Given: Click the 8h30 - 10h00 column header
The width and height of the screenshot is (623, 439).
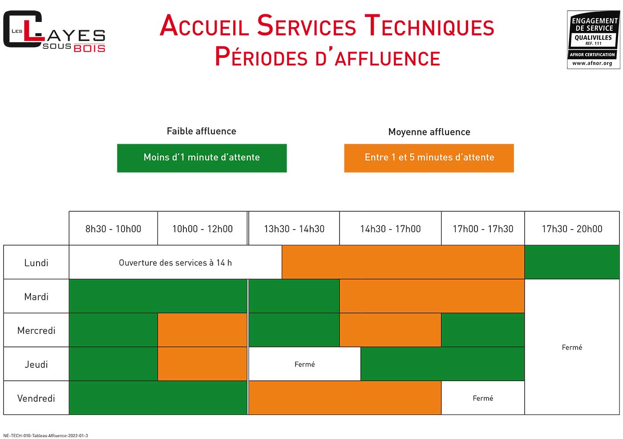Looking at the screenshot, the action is point(113,228).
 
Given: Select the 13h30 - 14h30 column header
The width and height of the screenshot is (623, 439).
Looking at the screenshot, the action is point(294,228).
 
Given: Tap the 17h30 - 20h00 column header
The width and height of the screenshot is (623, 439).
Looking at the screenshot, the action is point(572,228).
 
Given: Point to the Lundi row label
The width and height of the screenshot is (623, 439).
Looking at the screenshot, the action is point(36,262).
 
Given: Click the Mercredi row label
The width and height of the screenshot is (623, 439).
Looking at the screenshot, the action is point(36,330).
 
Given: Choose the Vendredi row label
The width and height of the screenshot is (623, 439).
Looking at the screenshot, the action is point(36,398).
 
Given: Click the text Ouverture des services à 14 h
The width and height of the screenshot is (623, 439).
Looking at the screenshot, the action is point(175,262).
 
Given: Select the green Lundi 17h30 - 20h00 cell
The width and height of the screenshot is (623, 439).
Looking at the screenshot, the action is point(572,262).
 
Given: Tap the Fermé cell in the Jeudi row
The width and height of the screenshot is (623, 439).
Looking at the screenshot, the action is point(304,364).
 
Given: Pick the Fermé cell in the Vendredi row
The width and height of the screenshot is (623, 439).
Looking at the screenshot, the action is point(483,398).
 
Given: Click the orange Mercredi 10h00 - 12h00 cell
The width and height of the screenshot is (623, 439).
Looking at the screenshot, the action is point(202,330).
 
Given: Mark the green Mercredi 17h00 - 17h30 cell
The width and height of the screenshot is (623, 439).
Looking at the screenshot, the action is point(483,330).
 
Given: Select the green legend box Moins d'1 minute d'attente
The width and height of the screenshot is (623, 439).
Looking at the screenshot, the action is point(202,158).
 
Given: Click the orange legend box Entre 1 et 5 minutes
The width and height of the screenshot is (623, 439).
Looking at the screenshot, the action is point(429,158).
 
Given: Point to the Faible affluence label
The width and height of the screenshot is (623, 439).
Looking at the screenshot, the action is point(201,131).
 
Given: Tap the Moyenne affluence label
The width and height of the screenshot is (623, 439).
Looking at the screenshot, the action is point(429,132).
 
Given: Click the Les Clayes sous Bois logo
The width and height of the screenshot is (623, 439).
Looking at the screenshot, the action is point(54,31).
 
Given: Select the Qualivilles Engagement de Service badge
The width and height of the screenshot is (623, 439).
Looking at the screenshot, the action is point(594,40).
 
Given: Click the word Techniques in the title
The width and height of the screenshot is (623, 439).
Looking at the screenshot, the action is point(429,26).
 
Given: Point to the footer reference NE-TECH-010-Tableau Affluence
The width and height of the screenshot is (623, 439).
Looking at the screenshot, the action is point(45,435).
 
